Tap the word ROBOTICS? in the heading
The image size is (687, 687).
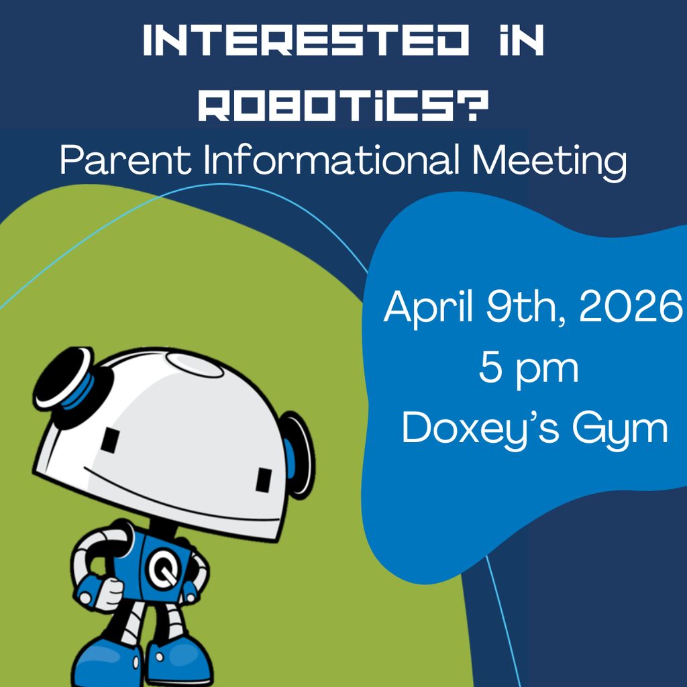point(343,106)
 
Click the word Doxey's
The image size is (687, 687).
point(477,428)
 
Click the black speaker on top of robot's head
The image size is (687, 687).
point(64,379)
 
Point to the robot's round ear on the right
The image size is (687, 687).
point(296,454)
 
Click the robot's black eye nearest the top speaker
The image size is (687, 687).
point(110,439)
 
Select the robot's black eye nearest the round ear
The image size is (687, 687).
point(264,480)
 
